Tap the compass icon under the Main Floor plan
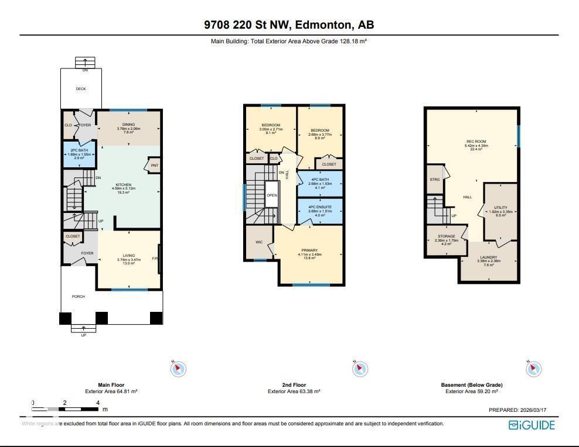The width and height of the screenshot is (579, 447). pyautogui.click(x=178, y=369)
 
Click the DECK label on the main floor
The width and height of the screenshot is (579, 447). pyautogui.click(x=81, y=89)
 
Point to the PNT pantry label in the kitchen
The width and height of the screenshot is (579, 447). pyautogui.click(x=154, y=165)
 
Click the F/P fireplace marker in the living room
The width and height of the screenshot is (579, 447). pyautogui.click(x=155, y=259)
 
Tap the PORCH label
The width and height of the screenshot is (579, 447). pyautogui.click(x=79, y=297)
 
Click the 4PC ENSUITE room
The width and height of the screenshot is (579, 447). pyautogui.click(x=320, y=211)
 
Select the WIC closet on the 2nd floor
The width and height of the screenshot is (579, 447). pyautogui.click(x=258, y=241)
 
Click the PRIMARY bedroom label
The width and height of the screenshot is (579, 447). pyautogui.click(x=310, y=250)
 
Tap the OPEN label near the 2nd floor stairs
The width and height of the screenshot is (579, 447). pyautogui.click(x=271, y=195)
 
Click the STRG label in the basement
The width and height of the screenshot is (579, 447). pyautogui.click(x=434, y=180)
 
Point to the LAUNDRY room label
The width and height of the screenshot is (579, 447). pyautogui.click(x=489, y=257)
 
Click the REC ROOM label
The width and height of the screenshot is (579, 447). pyautogui.click(x=476, y=142)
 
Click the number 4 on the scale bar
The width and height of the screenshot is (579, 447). pyautogui.click(x=98, y=403)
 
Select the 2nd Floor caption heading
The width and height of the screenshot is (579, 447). pyautogui.click(x=294, y=385)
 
